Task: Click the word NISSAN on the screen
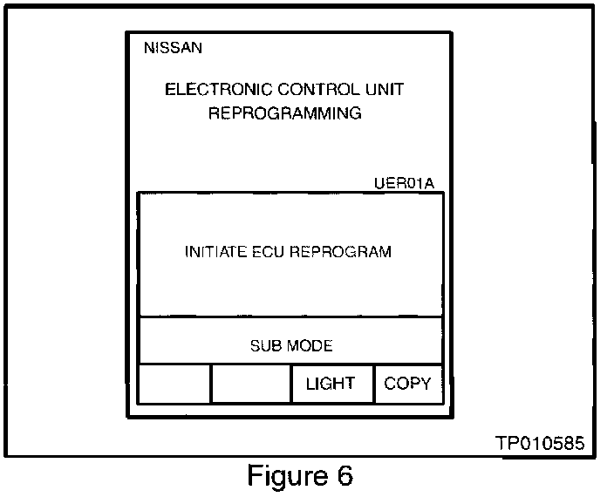coord(173,49)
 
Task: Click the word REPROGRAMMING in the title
coord(284,113)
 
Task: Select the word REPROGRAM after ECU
coord(340,252)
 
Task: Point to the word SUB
coord(264,346)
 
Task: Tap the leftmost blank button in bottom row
coord(174,384)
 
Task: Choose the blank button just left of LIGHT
coord(251,384)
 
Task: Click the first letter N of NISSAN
coord(148,49)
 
